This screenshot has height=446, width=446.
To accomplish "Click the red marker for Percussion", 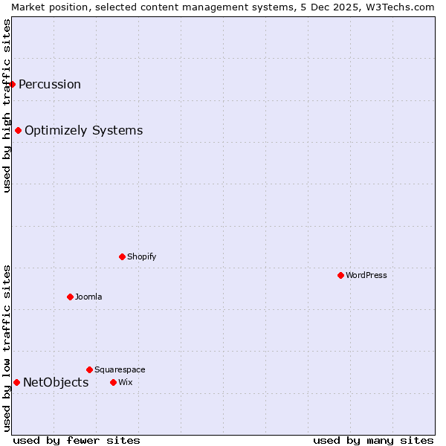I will click(x=13, y=84).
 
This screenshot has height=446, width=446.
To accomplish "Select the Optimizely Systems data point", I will click(x=19, y=131).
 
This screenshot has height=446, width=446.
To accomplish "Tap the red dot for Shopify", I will click(x=122, y=256).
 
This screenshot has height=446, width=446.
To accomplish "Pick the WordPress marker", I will click(x=340, y=275).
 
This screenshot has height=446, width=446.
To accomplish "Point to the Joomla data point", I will click(x=70, y=297).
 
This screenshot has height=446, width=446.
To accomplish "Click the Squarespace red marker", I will click(x=89, y=369).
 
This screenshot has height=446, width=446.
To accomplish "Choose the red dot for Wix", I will click(x=113, y=382).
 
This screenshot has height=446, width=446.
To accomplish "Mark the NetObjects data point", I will click(x=16, y=382).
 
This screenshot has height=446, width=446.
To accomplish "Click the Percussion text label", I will click(x=50, y=84).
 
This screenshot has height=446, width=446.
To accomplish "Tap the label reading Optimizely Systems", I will click(x=83, y=131).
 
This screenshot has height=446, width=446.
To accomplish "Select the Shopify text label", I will click(x=141, y=256).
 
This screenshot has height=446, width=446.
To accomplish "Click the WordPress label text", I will click(x=366, y=275).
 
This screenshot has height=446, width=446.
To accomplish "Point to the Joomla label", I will click(x=88, y=297).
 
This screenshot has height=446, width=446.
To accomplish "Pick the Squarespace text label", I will click(x=120, y=369).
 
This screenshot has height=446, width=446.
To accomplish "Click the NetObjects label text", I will click(x=56, y=383).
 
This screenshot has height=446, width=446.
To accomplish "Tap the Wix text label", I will click(x=125, y=382).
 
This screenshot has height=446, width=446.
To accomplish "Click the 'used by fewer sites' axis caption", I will click(x=77, y=440).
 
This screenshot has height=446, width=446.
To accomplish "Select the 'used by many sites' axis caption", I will click(x=373, y=440).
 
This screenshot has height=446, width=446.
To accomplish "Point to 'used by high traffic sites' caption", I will click(x=7, y=106).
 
